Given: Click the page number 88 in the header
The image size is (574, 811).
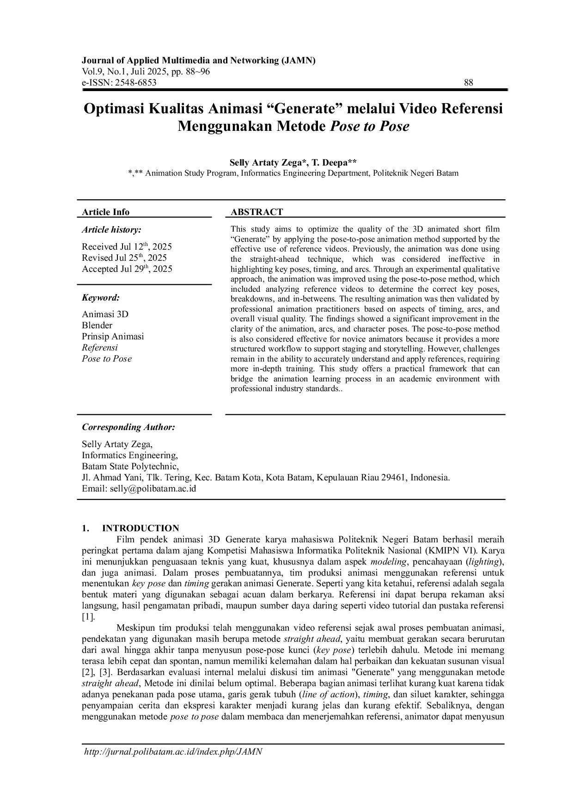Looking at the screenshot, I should pos(468,83).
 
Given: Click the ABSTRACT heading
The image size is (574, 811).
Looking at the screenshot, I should pos(256,212).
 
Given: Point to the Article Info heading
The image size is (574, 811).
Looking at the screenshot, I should pos(105,212).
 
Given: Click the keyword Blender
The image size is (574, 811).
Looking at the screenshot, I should pos(97,325).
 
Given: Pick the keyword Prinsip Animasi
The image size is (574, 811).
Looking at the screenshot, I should pos(113,336).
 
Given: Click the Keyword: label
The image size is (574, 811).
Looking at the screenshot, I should pos(101,297).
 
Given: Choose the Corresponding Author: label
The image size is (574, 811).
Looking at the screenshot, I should pos(128,427).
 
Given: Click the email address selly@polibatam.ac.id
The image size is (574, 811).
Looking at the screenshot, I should pos(153,488).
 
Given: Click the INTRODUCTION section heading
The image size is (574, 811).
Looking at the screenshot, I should pos(140,528).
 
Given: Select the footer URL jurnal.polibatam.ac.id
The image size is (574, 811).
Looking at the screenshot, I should pos(173,751).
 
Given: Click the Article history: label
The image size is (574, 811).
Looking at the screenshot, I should pos(111,229).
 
